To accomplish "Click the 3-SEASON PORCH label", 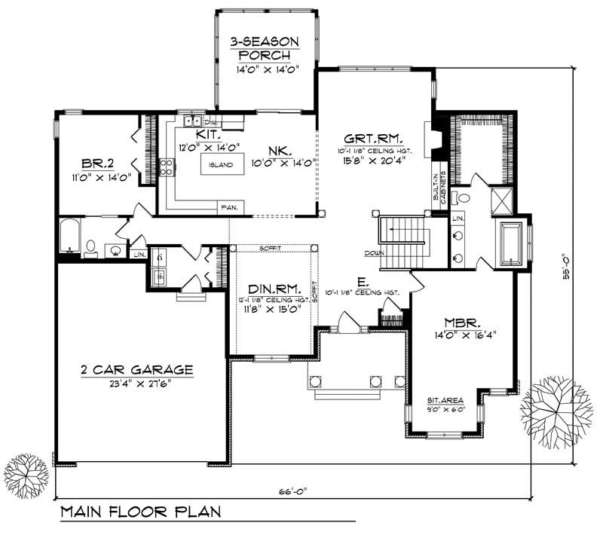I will (265, 47).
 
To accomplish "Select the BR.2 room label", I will (97, 163).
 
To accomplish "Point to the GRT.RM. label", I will (372, 139).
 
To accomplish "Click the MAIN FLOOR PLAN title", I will (140, 512).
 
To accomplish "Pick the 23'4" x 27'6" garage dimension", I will (136, 384).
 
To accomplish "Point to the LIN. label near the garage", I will (138, 255).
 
